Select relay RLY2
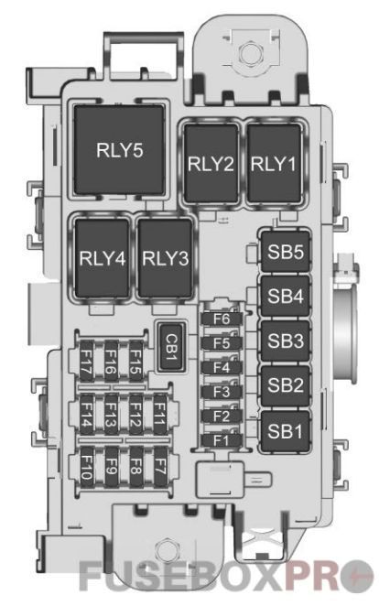[211, 165]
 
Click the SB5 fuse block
[285, 253]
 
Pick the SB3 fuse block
[285, 341]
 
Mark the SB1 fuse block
[285, 429]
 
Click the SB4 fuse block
[285, 297]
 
